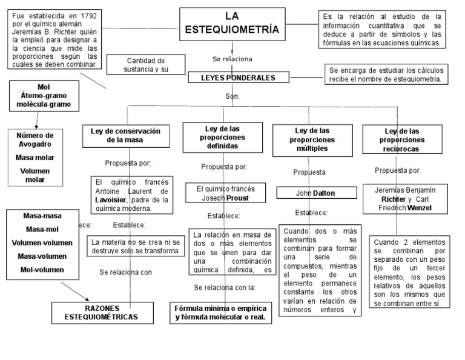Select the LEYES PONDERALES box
coord(237,78)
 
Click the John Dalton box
coord(315,193)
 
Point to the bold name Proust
coord(237,198)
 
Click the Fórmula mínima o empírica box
coord(220,312)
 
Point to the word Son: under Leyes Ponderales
coord(232,96)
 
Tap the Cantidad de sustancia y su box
coord(145,65)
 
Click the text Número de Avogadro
coord(35,140)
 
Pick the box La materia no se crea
coord(135,246)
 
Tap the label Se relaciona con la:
coord(225,287)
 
